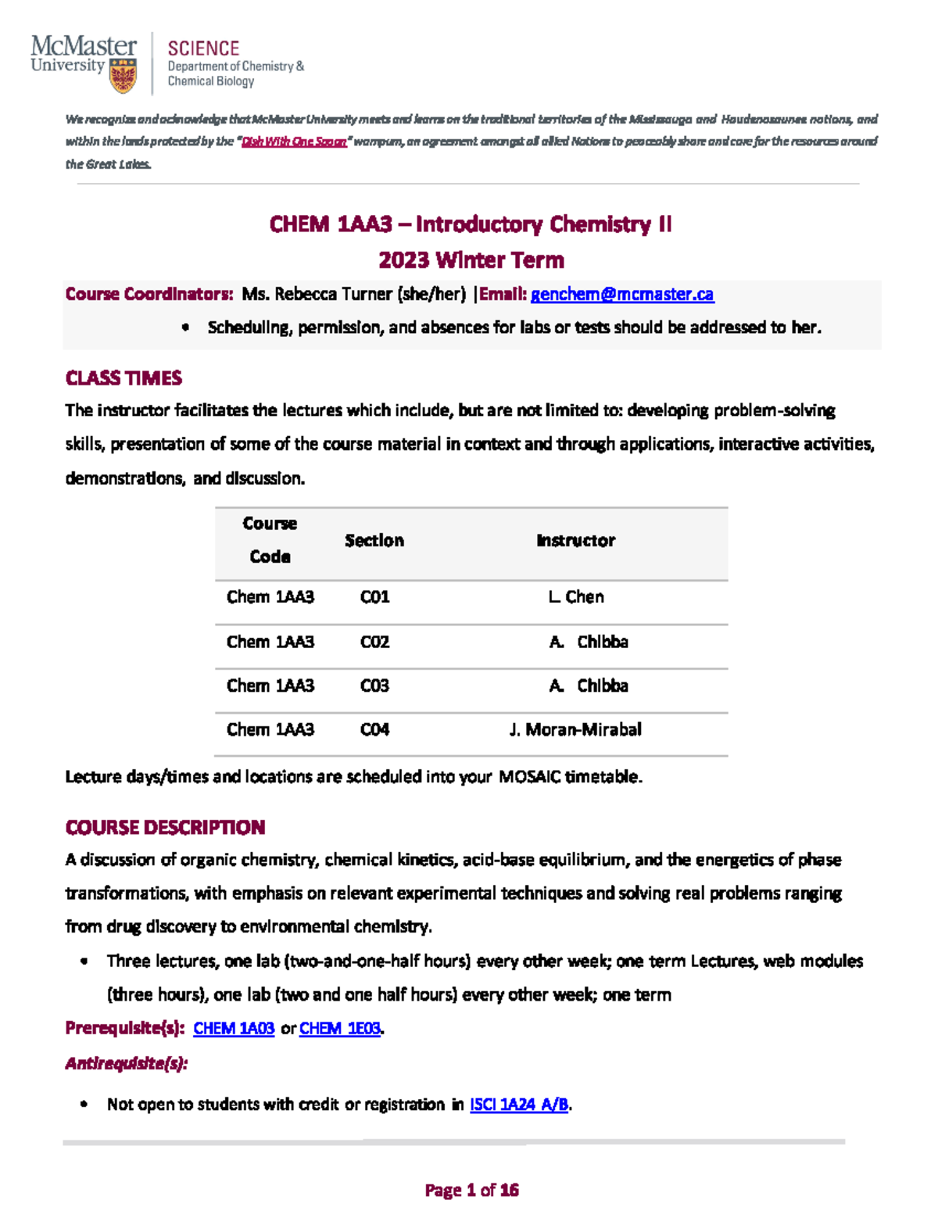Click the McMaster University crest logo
[x=123, y=77]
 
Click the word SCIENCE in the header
[x=203, y=48]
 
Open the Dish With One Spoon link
[x=294, y=141]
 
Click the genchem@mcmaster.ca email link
[x=622, y=294]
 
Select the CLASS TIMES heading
[x=124, y=378]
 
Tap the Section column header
[x=374, y=540]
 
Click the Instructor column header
[x=576, y=540]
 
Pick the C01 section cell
[x=374, y=597]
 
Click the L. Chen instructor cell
[x=576, y=597]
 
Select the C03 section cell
[x=374, y=686]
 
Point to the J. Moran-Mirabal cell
[x=575, y=729]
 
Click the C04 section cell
[x=374, y=729]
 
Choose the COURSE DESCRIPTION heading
[x=165, y=827]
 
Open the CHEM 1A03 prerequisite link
[x=234, y=1028]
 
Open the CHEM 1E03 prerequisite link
[x=340, y=1028]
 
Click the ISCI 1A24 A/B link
[x=519, y=1104]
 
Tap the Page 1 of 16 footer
[x=471, y=1190]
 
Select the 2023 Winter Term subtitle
[x=471, y=260]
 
